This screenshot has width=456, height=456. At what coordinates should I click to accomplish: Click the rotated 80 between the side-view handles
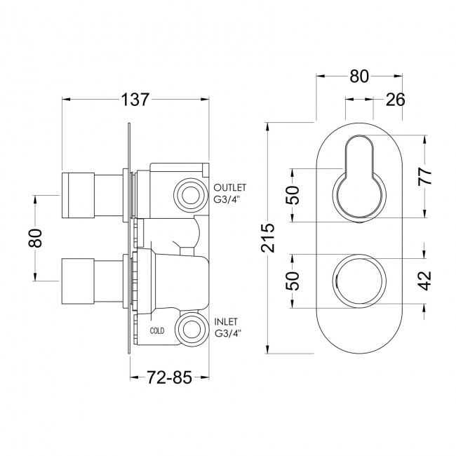(x=36, y=238)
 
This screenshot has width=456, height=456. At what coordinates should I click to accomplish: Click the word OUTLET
(x=230, y=188)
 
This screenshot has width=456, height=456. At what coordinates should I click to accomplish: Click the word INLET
(x=227, y=321)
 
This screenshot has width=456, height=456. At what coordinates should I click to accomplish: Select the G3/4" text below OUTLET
(x=228, y=199)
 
